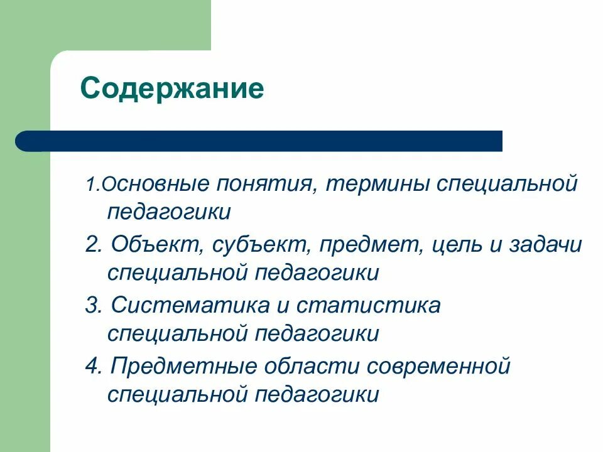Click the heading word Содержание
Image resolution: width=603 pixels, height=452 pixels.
pyautogui.click(x=171, y=89)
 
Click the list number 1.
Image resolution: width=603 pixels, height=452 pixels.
pyautogui.click(x=90, y=185)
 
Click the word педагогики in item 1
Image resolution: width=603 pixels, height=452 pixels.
pyautogui.click(x=169, y=212)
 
